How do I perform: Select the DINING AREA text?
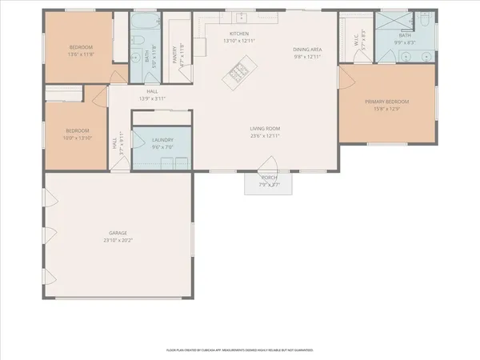click(x=307, y=50)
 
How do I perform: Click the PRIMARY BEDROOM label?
click(x=387, y=102)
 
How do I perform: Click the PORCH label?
click(x=270, y=178)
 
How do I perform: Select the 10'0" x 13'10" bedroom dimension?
click(x=77, y=138)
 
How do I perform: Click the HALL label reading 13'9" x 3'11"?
click(x=152, y=98)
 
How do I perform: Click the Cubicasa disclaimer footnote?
click(x=240, y=350)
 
